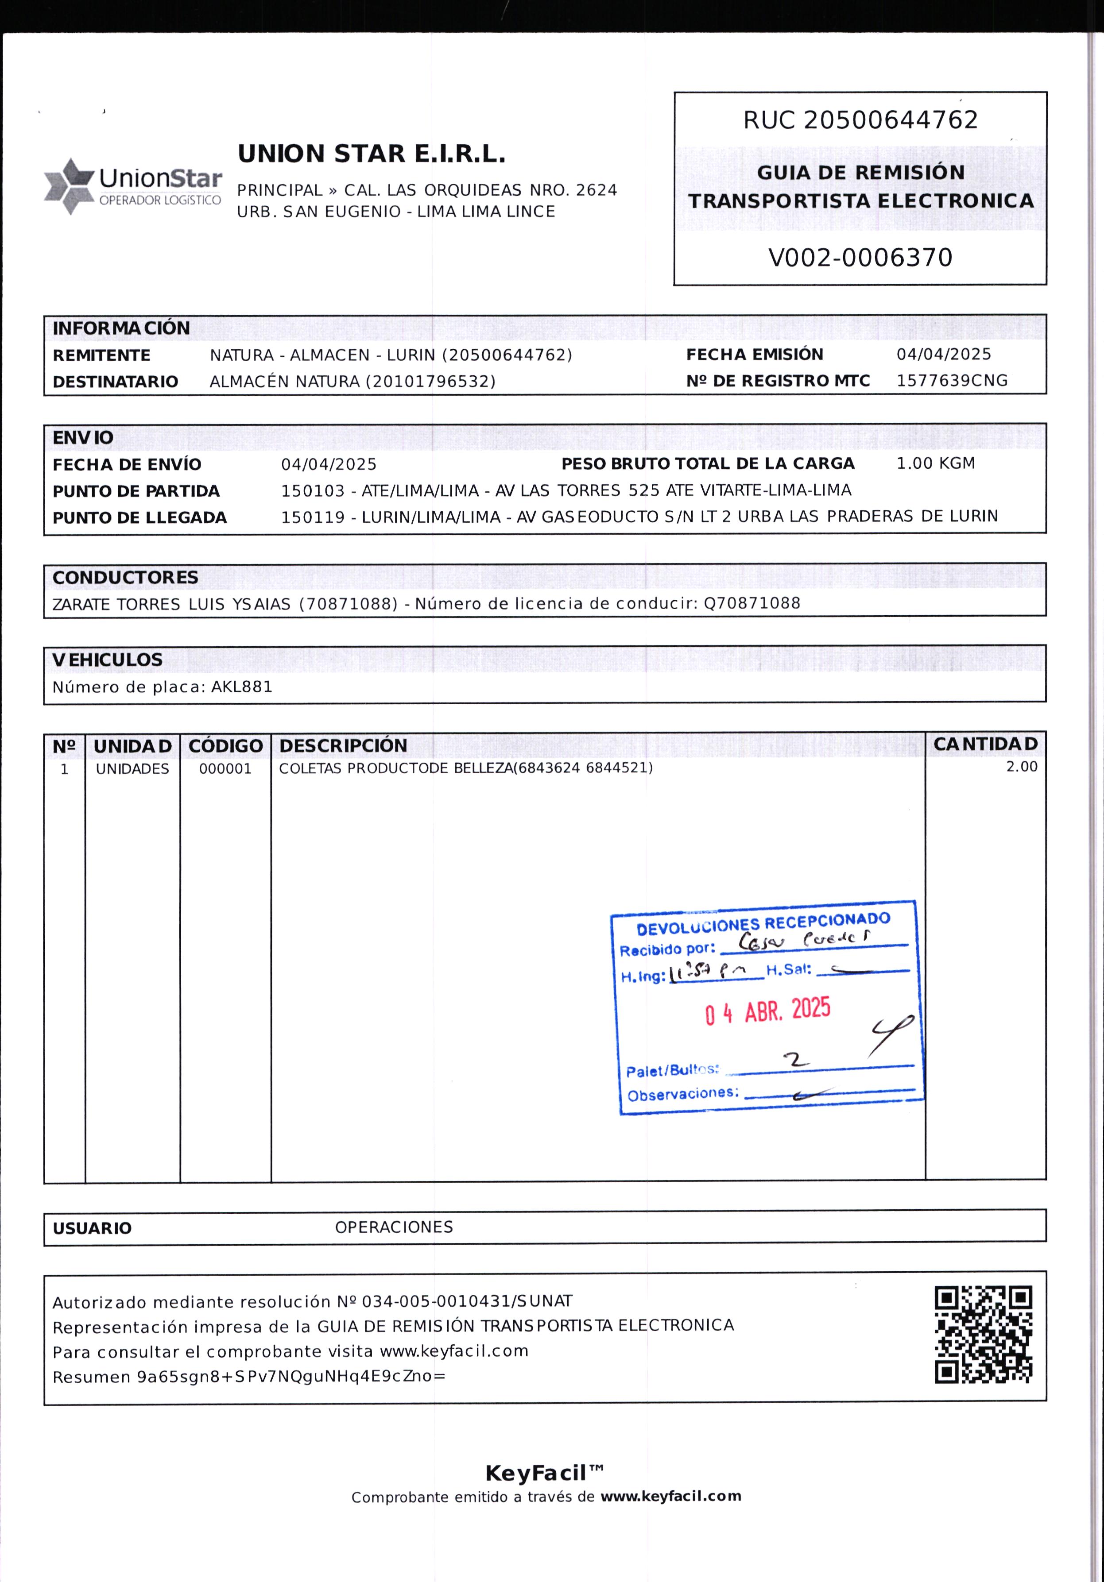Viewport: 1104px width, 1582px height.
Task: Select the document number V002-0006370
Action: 860,258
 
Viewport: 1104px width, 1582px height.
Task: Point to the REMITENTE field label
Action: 101,355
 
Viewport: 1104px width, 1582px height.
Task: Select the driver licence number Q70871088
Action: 752,604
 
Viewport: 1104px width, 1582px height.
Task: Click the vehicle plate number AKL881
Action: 241,687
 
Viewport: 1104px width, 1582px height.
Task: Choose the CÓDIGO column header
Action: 225,745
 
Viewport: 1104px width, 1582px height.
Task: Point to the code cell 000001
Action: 225,769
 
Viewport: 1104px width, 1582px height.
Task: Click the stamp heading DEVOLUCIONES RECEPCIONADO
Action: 763,924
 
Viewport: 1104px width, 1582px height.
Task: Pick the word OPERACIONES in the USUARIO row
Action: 394,1227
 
